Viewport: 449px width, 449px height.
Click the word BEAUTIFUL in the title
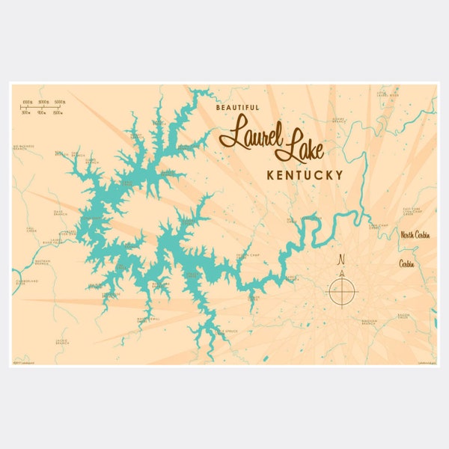(237, 108)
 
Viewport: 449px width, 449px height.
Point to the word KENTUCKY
(305, 175)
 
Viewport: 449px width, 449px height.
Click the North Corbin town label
(417, 235)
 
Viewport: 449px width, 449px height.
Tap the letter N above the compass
(342, 260)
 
